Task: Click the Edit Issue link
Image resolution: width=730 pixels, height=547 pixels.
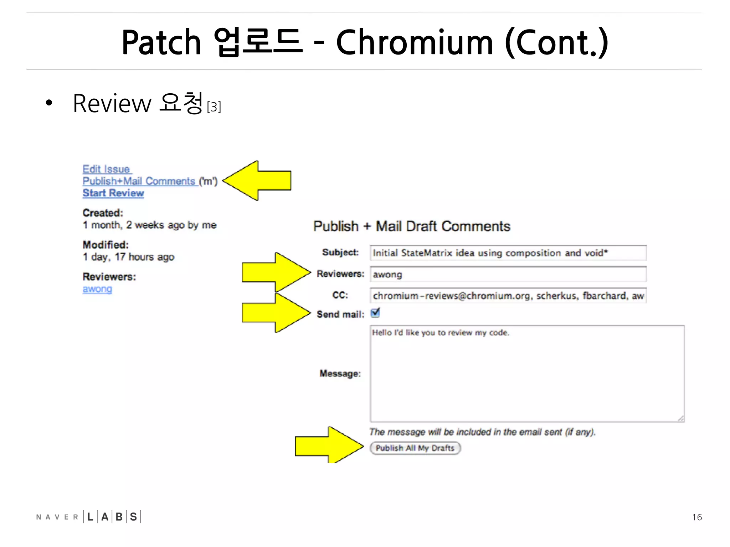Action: tap(106, 169)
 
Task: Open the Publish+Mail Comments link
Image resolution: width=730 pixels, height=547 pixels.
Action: tap(139, 181)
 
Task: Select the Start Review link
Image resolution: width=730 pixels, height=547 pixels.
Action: tap(113, 193)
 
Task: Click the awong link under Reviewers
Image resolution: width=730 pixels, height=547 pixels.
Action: tap(97, 289)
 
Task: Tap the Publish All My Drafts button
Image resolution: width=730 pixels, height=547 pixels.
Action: tap(415, 448)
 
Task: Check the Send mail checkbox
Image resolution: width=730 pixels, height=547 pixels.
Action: tap(375, 313)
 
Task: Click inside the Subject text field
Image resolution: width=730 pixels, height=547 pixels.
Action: tap(508, 253)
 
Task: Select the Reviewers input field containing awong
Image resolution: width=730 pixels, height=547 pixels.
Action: tap(508, 275)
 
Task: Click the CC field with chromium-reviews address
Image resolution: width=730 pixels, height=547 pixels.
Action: tap(508, 296)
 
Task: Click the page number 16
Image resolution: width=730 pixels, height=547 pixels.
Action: tap(697, 517)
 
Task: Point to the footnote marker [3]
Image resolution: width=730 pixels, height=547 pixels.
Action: tap(214, 107)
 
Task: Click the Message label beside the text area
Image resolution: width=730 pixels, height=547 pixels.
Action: tap(340, 374)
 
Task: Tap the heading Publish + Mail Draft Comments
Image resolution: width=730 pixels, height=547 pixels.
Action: tap(412, 226)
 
